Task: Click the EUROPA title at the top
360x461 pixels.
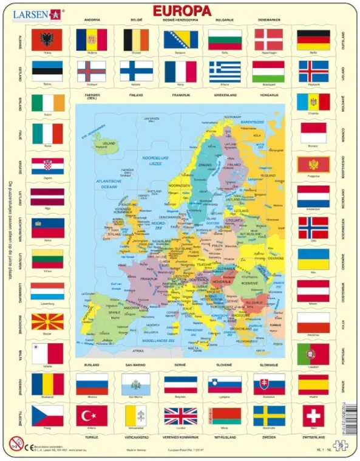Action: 181,11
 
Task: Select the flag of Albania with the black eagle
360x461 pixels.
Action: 47,40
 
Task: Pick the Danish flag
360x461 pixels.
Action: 268,40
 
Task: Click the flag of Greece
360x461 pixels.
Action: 225,71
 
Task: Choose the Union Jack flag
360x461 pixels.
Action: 180,416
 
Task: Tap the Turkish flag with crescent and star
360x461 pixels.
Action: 92,416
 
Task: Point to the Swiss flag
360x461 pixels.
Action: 313,415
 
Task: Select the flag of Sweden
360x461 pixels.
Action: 269,416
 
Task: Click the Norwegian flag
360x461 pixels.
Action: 313,227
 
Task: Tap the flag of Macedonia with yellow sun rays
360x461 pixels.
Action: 47,322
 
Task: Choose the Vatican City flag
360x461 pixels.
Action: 136,416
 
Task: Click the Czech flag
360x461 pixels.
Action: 47,416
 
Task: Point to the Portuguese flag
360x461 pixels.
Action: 313,353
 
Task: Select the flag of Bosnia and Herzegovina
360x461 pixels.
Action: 180,40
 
